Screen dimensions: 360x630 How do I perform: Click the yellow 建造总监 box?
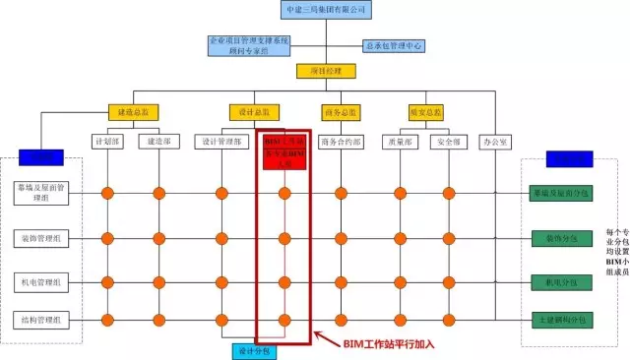132,112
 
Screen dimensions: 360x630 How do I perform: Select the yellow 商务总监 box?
341,112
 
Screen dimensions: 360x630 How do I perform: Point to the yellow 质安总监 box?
425,112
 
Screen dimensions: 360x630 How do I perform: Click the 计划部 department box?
107,142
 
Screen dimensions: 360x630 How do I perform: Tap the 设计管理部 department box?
222,142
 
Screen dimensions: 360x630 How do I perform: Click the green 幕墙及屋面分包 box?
560,193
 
